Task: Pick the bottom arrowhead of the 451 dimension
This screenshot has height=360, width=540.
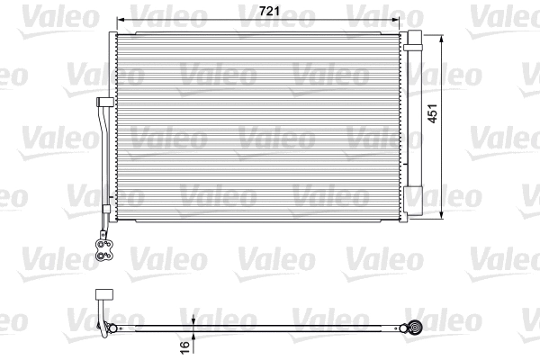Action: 444,215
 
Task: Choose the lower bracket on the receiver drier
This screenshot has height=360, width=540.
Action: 415,190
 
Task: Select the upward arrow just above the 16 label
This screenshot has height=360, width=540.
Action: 194,336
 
